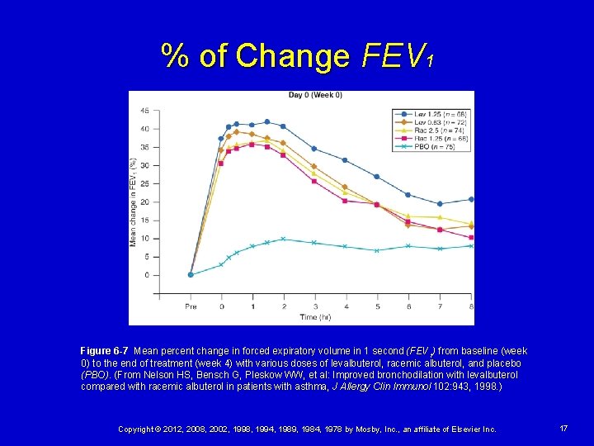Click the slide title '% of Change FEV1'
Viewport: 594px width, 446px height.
pyautogui.click(x=297, y=56)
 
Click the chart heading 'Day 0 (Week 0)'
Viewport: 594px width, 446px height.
pyautogui.click(x=315, y=95)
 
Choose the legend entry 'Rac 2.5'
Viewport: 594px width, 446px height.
pyautogui.click(x=430, y=130)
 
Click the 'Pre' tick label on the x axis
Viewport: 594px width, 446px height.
pyautogui.click(x=191, y=306)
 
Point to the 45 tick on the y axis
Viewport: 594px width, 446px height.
pyautogui.click(x=144, y=111)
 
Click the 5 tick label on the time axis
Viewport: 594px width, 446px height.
pyautogui.click(x=377, y=306)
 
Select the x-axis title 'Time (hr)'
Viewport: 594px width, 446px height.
pyautogui.click(x=315, y=316)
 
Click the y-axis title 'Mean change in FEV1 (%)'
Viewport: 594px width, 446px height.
pyautogui.click(x=133, y=202)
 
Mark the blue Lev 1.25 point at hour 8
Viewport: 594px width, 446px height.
pyautogui.click(x=471, y=199)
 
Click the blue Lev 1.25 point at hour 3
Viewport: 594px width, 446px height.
pyautogui.click(x=314, y=149)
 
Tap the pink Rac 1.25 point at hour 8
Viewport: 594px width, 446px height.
pyautogui.click(x=471, y=237)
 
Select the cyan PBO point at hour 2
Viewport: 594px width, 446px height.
pyautogui.click(x=283, y=239)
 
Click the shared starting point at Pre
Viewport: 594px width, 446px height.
pyautogui.click(x=191, y=275)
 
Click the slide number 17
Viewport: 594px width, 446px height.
pyautogui.click(x=563, y=429)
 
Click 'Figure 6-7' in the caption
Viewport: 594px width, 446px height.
pyautogui.click(x=104, y=351)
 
